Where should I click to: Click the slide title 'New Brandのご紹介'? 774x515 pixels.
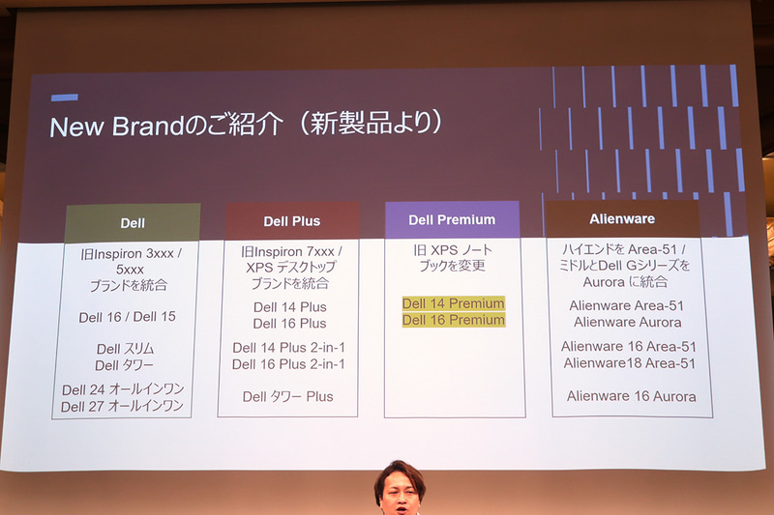(x=165, y=126)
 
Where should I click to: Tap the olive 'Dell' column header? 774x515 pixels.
(x=133, y=223)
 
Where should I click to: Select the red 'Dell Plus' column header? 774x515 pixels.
(x=291, y=221)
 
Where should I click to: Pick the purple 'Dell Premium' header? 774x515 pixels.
(x=452, y=219)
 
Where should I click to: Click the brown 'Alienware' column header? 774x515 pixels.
(x=622, y=218)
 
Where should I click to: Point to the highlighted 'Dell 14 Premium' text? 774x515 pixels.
(x=453, y=303)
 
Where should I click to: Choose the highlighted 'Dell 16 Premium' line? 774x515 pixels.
(x=453, y=320)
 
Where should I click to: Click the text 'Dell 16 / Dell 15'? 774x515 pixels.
(x=128, y=317)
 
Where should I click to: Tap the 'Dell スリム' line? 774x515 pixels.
(x=126, y=349)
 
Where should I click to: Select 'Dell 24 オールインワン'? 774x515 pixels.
(x=123, y=389)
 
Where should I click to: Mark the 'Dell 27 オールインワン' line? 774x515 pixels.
(x=123, y=406)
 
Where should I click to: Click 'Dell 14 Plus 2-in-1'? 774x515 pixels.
(x=288, y=348)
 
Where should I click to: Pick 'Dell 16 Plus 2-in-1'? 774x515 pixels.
(x=288, y=364)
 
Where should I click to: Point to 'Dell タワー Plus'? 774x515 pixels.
(x=287, y=396)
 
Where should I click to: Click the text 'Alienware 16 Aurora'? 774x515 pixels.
(x=631, y=396)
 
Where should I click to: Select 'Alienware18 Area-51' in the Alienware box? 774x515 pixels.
(x=629, y=363)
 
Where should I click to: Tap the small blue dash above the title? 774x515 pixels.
(x=64, y=97)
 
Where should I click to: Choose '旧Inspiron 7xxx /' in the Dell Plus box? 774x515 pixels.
(x=291, y=251)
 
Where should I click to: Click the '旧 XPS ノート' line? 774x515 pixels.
(x=453, y=250)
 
